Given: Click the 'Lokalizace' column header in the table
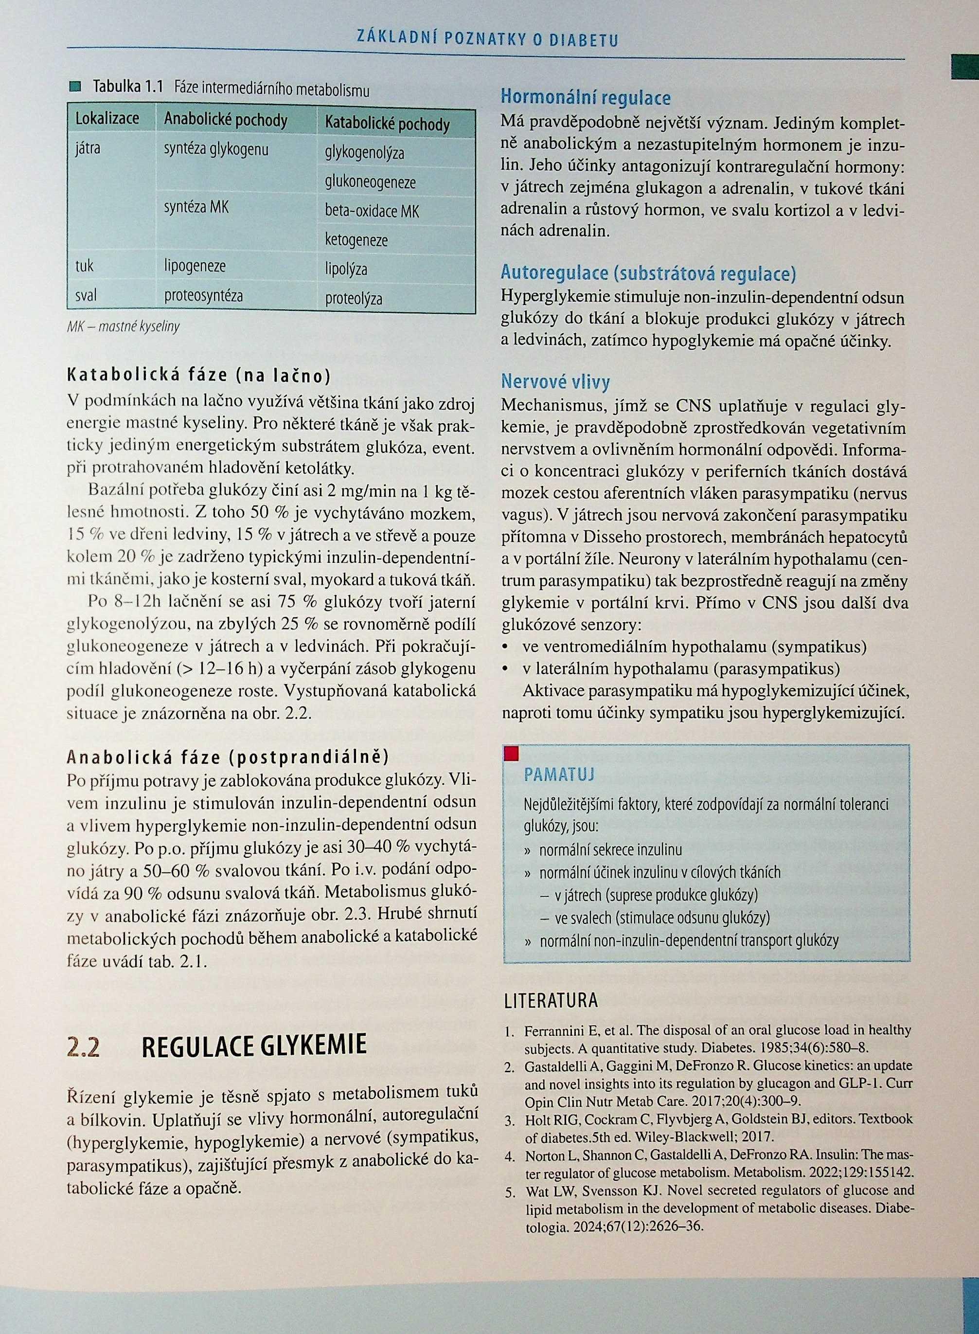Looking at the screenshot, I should (x=107, y=119).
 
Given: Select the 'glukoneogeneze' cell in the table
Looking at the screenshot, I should (x=370, y=182).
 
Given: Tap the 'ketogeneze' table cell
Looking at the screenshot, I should (x=356, y=240).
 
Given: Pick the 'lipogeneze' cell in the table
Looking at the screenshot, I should (x=195, y=266).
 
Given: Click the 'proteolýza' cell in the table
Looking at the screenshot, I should (x=354, y=299).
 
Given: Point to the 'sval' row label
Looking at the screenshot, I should (x=86, y=295).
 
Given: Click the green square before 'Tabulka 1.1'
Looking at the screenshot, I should (x=75, y=87).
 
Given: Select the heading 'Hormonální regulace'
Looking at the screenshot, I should (x=586, y=97).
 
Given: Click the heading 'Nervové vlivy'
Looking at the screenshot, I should (x=555, y=382).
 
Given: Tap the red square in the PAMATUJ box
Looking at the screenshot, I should (x=512, y=754).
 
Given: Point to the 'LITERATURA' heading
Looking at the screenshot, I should (x=551, y=1001).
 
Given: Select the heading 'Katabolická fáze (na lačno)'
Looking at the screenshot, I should (x=198, y=376).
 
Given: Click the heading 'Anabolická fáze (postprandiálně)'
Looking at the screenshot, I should (x=228, y=757).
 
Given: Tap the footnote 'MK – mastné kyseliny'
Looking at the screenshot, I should (x=123, y=326).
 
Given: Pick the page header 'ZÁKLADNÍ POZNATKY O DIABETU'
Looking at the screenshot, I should (x=487, y=40).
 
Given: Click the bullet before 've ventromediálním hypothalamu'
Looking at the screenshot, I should (x=506, y=647).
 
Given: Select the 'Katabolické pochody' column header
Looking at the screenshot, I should (x=387, y=125).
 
